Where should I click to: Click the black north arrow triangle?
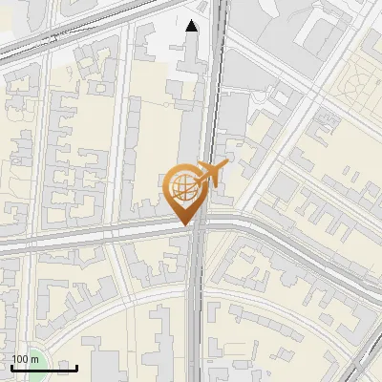point(192,26)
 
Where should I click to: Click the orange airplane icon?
point(212,175)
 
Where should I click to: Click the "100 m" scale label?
point(25,359)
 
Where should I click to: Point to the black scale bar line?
point(44,368)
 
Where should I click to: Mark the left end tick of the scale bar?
point(11,366)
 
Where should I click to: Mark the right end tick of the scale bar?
point(77,366)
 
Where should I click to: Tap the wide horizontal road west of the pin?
point(86,237)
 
